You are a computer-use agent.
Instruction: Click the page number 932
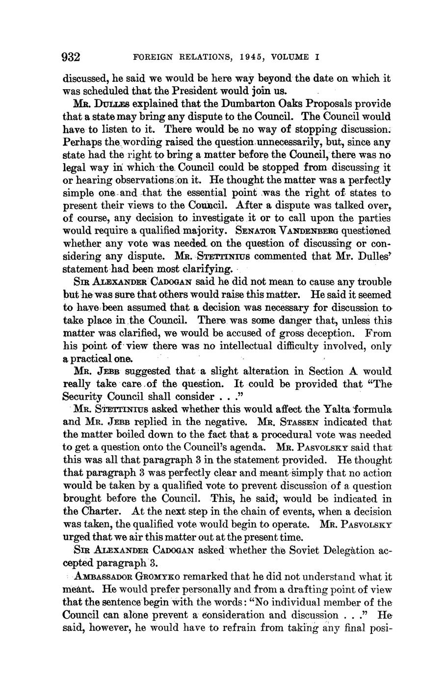coord(71,57)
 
